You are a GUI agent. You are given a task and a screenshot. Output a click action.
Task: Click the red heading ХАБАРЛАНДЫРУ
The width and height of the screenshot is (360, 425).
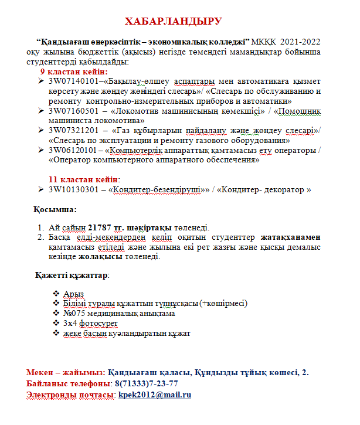[x=174, y=22]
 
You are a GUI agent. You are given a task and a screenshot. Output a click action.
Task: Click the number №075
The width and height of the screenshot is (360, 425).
[x=73, y=313]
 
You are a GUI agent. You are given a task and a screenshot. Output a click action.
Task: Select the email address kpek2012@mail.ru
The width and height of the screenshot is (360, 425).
[x=155, y=395]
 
